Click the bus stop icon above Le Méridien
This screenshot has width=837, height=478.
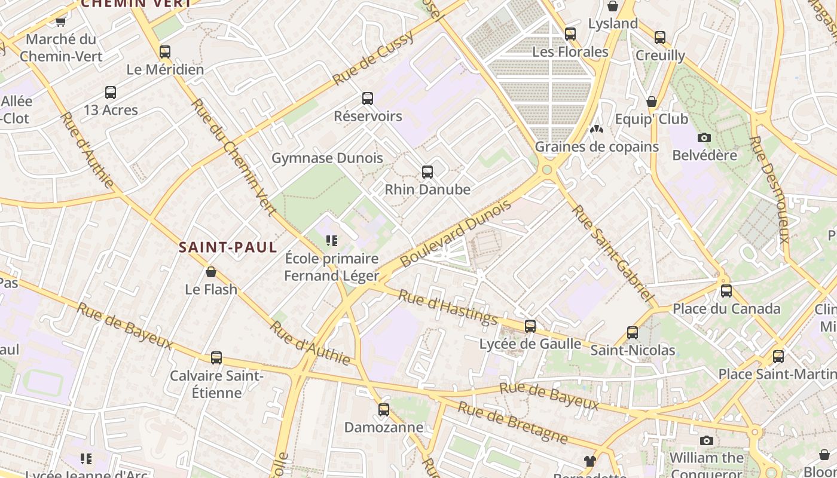[165, 52]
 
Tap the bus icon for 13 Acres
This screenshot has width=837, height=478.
[111, 93]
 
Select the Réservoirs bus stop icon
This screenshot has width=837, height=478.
[368, 99]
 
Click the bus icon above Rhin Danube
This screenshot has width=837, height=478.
[427, 172]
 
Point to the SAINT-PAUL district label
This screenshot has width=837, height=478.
[228, 247]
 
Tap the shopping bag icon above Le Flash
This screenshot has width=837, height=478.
[210, 272]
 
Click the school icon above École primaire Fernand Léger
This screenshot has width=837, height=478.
[331, 241]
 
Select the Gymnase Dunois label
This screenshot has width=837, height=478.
[327, 158]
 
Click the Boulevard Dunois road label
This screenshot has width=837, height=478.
[456, 234]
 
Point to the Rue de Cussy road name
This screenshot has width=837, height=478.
[373, 59]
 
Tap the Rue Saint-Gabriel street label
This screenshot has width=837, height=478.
[611, 253]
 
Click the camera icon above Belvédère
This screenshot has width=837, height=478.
[704, 138]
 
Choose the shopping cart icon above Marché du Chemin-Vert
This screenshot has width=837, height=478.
[60, 22]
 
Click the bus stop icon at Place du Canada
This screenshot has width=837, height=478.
[726, 291]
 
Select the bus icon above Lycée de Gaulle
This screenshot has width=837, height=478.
[530, 326]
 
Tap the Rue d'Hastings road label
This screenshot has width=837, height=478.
[448, 306]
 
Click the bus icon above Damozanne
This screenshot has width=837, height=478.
[384, 410]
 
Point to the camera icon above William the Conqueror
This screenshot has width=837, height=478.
[707, 441]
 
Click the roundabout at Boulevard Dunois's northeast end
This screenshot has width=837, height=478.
[546, 170]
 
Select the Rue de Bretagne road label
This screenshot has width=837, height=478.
[512, 423]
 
